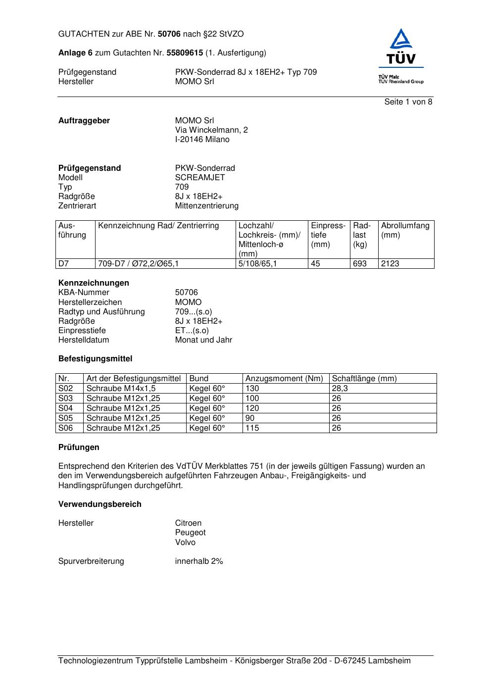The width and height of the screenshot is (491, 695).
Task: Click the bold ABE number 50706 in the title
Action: click(169, 34)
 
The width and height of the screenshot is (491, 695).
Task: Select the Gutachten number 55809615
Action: click(185, 53)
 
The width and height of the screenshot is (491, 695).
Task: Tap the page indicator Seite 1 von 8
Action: click(408, 102)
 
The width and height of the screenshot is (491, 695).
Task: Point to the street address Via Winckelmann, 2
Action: click(211, 130)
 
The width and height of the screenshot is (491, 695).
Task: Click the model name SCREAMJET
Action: click(200, 178)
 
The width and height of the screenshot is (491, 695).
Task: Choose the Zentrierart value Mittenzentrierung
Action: click(206, 206)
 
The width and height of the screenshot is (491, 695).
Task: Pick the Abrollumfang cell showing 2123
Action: click(390, 264)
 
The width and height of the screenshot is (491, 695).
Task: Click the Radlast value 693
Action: click(360, 264)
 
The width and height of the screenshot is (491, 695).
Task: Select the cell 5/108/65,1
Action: click(257, 264)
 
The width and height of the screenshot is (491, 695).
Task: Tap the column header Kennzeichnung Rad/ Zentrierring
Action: click(158, 226)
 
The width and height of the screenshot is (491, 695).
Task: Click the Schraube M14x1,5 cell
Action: click(121, 389)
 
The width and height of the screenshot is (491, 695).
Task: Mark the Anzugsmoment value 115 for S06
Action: click(252, 428)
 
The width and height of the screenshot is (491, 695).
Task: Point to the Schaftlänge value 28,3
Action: click(340, 389)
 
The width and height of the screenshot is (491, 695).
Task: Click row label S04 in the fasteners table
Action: click(66, 408)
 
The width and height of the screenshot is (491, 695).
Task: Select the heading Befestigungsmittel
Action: click(95, 359)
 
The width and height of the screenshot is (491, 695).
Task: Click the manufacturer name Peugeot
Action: click(190, 533)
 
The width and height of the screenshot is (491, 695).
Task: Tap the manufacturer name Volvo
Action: click(185, 543)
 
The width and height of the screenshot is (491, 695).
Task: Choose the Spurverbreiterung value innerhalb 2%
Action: click(199, 561)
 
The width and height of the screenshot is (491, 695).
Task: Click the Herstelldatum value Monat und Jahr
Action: click(203, 340)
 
